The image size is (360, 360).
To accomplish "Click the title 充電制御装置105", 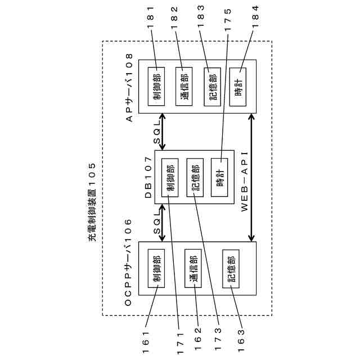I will point(92,202).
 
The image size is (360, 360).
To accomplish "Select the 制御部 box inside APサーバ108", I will point(156,87).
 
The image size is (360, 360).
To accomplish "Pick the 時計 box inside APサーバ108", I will point(238,87).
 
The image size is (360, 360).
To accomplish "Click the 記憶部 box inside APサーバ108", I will point(211,87).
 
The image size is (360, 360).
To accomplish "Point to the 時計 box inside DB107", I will point(219,177).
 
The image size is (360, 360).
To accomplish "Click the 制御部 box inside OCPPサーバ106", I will point(156,269).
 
